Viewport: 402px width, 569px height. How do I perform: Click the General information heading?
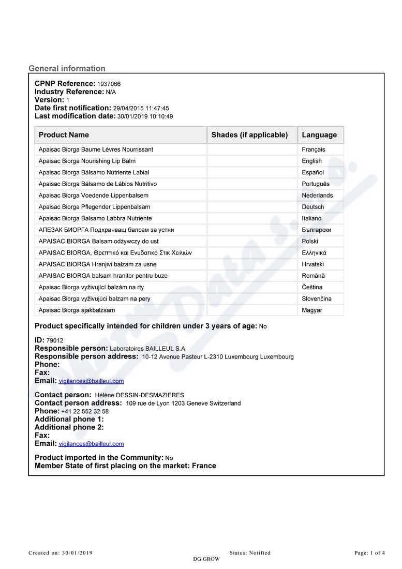pos(67,68)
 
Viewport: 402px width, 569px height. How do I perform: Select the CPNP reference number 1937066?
pos(109,84)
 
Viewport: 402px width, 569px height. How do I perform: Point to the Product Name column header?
pos(64,135)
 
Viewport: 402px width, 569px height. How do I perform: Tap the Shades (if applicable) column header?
pos(249,135)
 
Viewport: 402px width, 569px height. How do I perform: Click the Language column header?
pos(319,135)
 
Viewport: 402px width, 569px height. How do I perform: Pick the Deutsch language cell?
pos(313,207)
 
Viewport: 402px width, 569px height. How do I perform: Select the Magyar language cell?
pos(312,310)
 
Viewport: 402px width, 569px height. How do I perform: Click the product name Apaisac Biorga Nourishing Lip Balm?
pos(87,161)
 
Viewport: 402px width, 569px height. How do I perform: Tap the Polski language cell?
pos(310,242)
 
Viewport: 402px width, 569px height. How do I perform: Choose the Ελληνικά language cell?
pos(314,253)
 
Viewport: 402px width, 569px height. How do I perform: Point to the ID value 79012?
pos(55,341)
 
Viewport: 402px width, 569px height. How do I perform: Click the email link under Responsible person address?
pos(91,381)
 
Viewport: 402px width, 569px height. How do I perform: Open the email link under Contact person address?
pos(91,444)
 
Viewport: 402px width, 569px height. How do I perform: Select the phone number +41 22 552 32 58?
pos(85,412)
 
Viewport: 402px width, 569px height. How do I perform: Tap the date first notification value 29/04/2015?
pos(129,109)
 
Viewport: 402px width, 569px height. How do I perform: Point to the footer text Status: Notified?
pos(250,553)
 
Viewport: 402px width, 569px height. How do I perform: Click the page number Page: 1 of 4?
pos(369,553)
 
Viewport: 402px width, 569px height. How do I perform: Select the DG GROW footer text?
pos(206,559)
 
